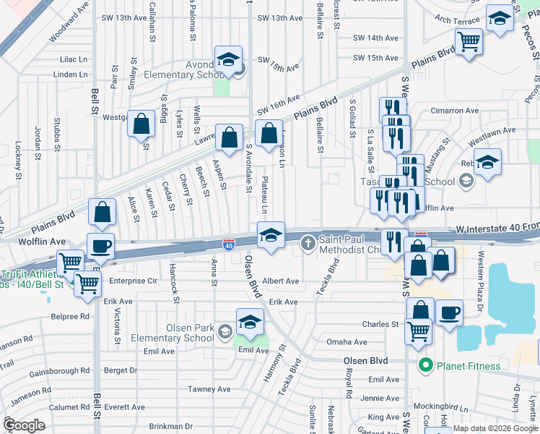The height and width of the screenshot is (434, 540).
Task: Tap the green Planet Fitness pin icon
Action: point(426,366)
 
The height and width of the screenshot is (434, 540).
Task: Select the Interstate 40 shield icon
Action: point(228,245)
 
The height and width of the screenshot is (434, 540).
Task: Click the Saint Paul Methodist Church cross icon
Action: point(308,242)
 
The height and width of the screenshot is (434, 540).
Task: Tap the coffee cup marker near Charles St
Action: point(450,312)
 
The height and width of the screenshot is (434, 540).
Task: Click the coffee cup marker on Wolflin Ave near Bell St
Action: point(101,245)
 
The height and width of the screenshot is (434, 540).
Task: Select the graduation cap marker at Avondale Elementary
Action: point(229,59)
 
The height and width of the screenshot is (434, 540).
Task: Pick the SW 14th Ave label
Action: point(375,38)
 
